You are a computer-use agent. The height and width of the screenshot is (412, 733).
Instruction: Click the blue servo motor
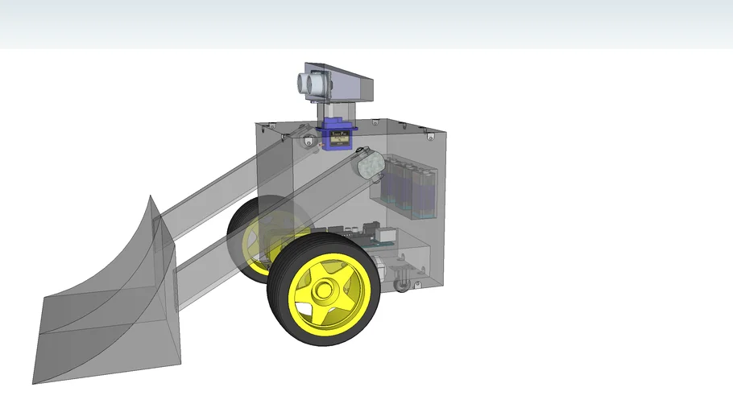(335, 135)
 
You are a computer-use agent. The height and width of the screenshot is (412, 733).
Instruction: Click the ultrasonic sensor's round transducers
(308, 84)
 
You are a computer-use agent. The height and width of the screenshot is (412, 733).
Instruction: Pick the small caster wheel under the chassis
(400, 285)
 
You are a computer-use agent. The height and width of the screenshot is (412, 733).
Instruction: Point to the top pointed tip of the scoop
(149, 196)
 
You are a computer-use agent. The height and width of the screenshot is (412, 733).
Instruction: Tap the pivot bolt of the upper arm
(309, 142)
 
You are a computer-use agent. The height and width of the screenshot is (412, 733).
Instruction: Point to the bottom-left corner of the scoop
(35, 382)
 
